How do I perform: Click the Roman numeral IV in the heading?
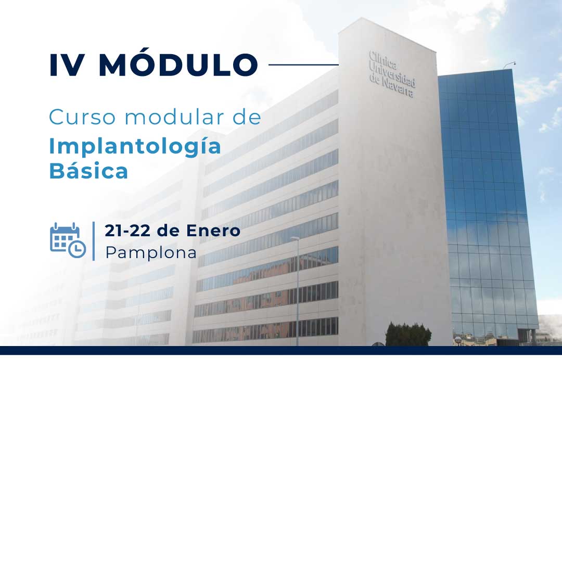[x=67, y=65]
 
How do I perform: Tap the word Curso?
[x=82, y=117]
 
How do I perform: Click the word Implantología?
[x=135, y=147]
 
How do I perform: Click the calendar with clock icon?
[x=68, y=240]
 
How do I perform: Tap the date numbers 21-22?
[x=127, y=231]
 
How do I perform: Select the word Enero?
[x=213, y=231]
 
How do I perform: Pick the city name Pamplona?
[x=151, y=253]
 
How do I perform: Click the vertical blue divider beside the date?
[x=94, y=241]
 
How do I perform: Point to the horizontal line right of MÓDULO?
[x=303, y=65]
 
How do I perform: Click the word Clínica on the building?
[x=382, y=60]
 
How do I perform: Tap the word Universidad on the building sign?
[x=392, y=74]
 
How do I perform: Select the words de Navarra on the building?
[x=391, y=86]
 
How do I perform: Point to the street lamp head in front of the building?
[x=295, y=238]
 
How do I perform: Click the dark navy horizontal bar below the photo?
[x=281, y=350]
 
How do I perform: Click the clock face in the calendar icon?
[x=77, y=249]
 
